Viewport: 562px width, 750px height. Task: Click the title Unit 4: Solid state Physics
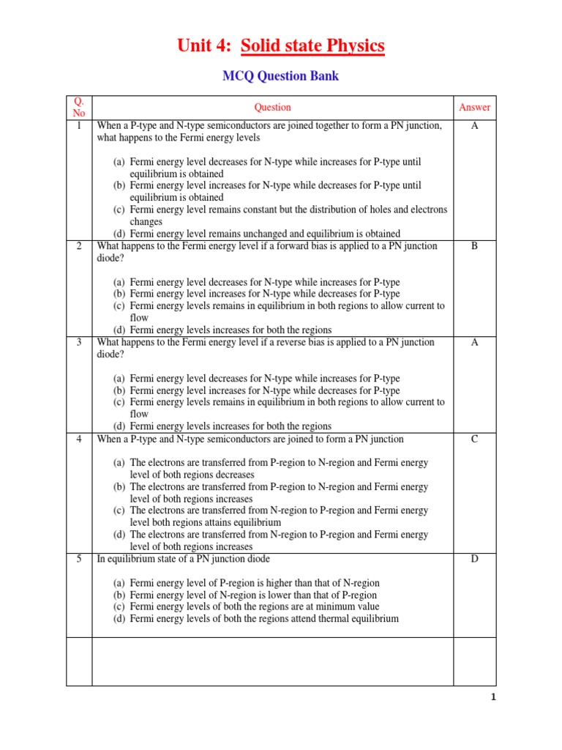(281, 46)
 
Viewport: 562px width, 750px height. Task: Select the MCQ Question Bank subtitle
(281, 75)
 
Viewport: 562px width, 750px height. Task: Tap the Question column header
(272, 107)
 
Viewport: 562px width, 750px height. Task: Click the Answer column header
(474, 107)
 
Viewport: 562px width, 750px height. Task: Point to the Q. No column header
(79, 107)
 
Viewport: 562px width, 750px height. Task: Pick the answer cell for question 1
(474, 126)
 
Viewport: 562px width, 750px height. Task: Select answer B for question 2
(474, 246)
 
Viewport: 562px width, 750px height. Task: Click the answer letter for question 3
(474, 342)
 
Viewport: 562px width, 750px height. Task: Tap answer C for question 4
(474, 439)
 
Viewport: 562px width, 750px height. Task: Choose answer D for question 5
(474, 559)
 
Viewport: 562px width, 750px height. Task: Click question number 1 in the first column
(79, 126)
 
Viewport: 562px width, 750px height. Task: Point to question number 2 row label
(79, 246)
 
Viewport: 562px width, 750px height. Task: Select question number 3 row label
(79, 342)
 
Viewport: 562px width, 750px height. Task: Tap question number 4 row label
(79, 439)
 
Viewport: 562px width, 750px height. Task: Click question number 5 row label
(79, 559)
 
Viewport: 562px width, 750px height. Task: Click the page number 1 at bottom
(493, 697)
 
